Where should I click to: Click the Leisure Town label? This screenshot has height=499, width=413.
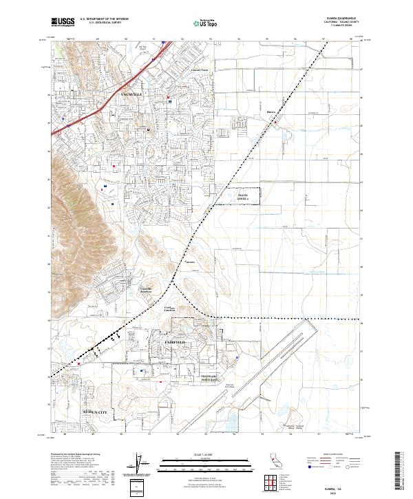point(199,70)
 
